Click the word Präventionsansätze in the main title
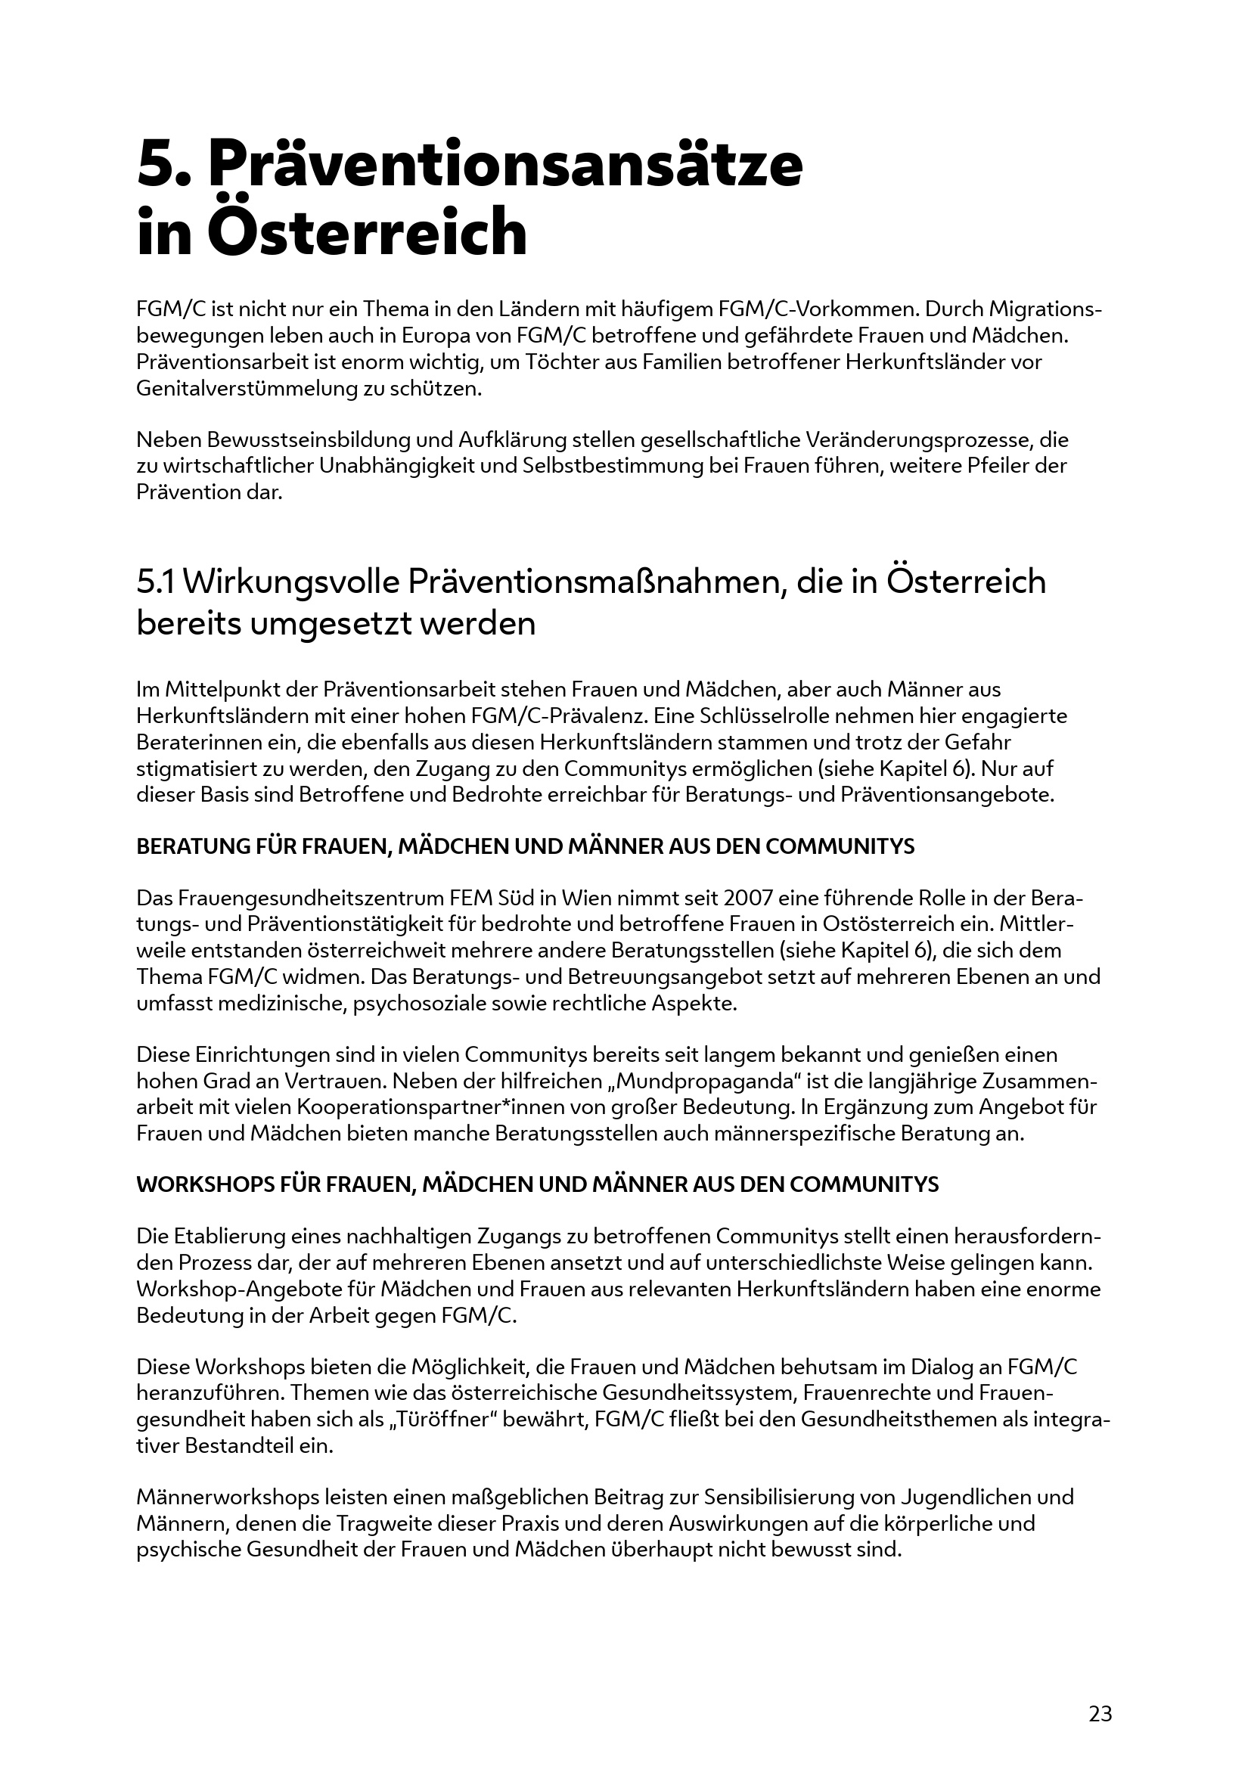coord(504,164)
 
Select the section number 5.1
coord(156,582)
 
